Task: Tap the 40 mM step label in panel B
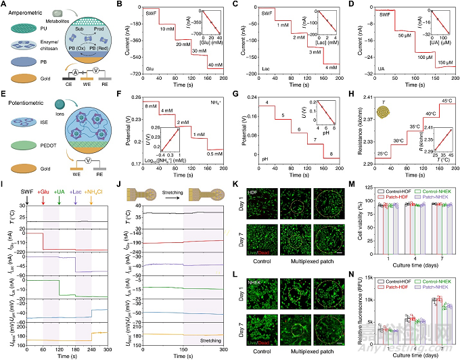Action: [x=215, y=64]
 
